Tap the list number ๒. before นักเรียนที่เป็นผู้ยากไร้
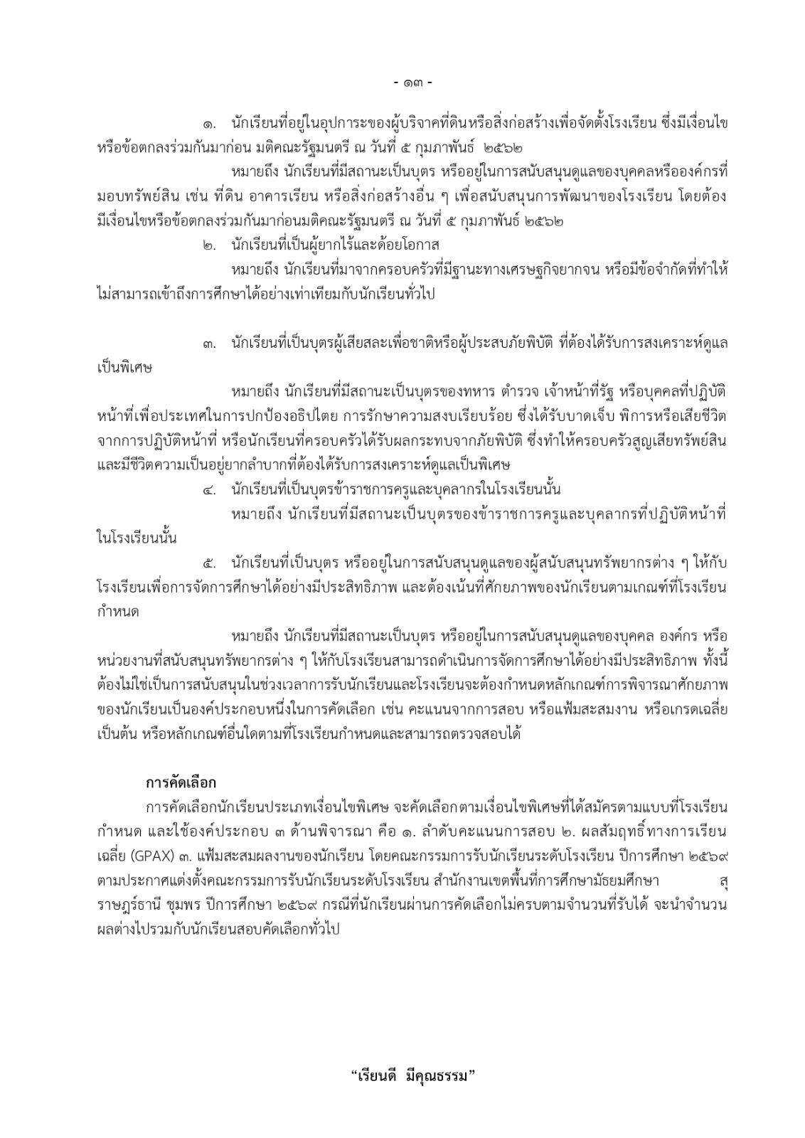209,246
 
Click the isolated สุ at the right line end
723,881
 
